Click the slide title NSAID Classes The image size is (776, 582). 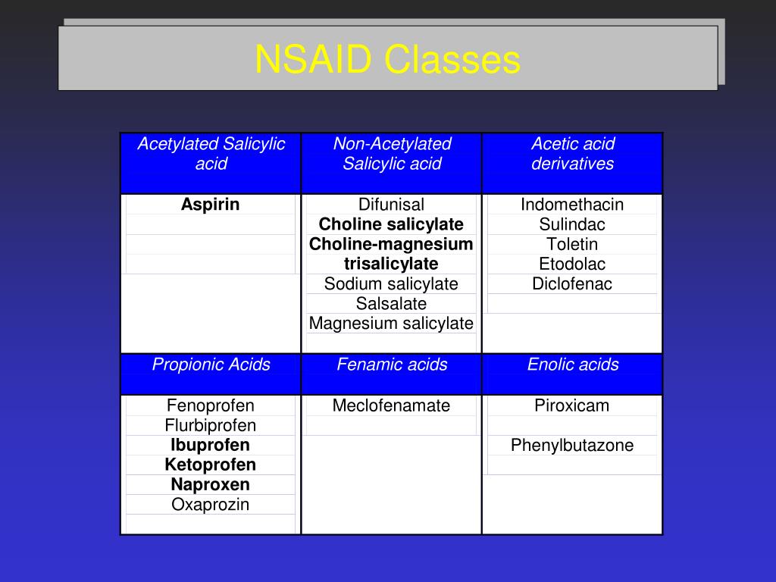tap(387, 60)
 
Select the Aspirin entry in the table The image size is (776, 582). tap(210, 205)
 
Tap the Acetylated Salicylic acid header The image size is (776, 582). tap(211, 154)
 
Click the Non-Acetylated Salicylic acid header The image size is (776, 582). tap(392, 154)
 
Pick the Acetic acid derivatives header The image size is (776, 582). tap(572, 154)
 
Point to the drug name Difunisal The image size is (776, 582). tap(391, 205)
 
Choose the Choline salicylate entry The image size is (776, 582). tap(391, 224)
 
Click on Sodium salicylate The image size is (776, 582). tap(391, 284)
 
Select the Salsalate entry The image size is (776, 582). tap(391, 304)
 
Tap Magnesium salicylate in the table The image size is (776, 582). tap(391, 324)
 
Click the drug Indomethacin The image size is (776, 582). tap(572, 205)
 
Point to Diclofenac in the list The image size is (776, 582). tap(572, 284)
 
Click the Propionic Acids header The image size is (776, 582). tap(211, 365)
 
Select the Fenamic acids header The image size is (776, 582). tap(392, 365)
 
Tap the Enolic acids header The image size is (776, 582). tap(573, 365)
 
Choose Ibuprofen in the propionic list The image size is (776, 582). tap(210, 445)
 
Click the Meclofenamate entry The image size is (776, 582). tap(391, 405)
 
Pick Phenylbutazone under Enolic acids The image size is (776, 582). tap(572, 445)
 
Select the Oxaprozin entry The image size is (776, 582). tap(210, 505)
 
